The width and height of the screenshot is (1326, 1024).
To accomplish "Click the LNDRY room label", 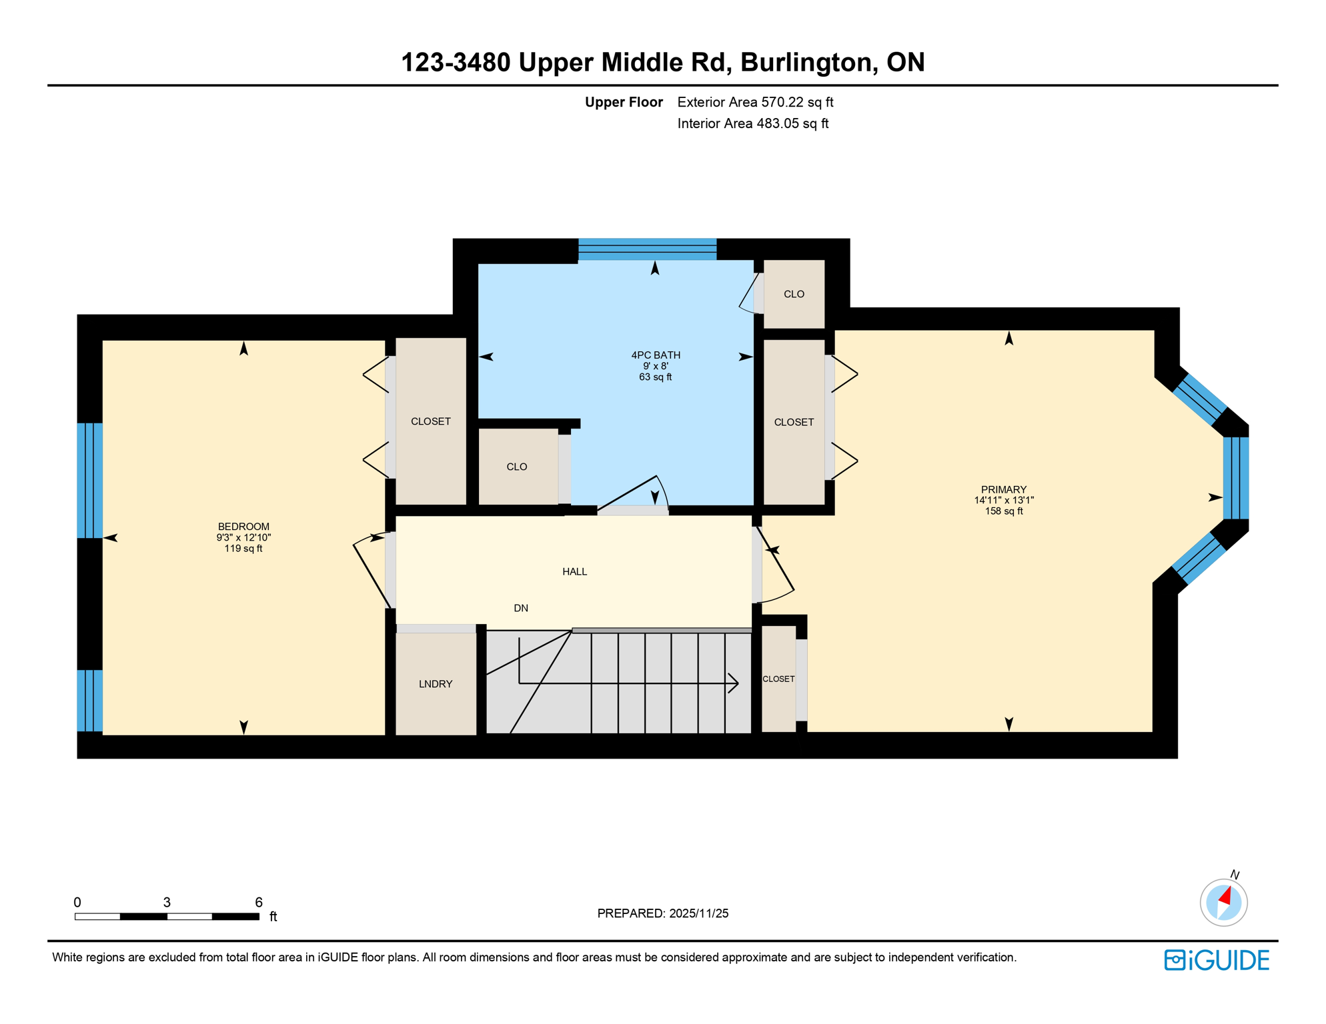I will click(x=436, y=684).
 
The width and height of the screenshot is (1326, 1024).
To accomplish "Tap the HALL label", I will click(x=574, y=571).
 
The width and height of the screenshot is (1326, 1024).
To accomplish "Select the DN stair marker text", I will click(x=521, y=608).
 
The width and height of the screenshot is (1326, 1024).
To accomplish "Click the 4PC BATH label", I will click(x=656, y=355).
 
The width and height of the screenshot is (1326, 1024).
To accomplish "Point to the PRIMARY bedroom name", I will click(x=1003, y=489).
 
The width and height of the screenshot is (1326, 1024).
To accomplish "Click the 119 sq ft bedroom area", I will click(x=243, y=549).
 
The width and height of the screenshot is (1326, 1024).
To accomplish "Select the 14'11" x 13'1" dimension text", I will click(x=1003, y=500).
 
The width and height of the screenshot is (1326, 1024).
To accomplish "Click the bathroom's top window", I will click(x=647, y=249).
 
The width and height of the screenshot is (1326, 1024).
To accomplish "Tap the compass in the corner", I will click(x=1223, y=902).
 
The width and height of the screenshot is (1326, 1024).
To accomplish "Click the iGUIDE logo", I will click(x=1217, y=960).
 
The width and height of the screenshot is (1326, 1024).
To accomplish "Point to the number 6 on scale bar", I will click(x=259, y=902).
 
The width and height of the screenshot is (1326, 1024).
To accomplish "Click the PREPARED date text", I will click(x=662, y=913).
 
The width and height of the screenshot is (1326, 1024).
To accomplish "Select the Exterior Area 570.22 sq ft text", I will click(x=755, y=102).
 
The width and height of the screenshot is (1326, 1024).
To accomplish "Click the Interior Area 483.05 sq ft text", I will click(x=752, y=123).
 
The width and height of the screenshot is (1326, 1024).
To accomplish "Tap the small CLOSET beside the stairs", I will click(x=778, y=679).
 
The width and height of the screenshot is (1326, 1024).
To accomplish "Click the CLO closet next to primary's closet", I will click(x=794, y=294).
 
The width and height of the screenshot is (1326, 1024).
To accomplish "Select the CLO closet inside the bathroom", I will click(x=517, y=467).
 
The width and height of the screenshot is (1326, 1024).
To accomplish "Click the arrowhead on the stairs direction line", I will click(x=734, y=683).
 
